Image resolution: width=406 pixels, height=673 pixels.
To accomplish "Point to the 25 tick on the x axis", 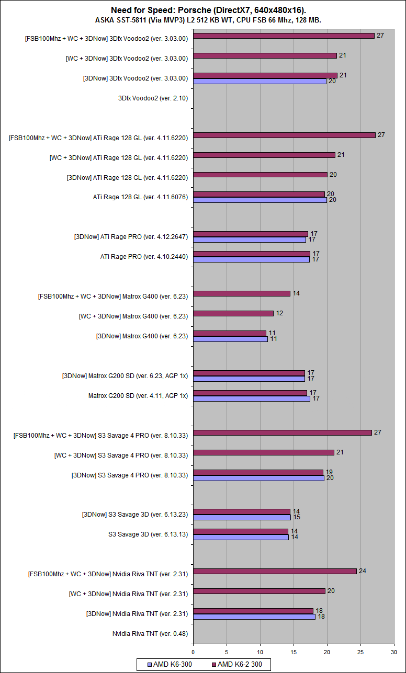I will tap(360, 652).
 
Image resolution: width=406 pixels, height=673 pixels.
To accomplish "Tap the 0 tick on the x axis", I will tap(193, 652).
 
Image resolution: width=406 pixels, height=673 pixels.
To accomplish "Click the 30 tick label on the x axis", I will tap(394, 652).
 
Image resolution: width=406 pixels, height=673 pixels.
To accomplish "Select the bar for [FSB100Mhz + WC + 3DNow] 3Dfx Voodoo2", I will tap(284, 36).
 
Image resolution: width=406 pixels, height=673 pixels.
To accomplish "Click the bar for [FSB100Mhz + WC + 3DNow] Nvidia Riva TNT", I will tap(275, 571).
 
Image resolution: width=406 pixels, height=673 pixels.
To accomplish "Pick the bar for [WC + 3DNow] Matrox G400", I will tap(233, 314).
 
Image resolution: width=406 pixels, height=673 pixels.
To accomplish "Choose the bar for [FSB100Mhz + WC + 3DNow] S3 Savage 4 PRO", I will tap(283, 433).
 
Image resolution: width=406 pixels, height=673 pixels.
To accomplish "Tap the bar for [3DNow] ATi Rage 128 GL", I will tap(260, 175).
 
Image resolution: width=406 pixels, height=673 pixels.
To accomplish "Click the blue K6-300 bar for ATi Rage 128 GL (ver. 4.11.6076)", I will tap(260, 200).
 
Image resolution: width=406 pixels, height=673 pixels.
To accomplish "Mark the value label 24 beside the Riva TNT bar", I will tap(362, 571).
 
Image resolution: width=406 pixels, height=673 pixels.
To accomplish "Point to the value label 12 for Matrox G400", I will tap(279, 313).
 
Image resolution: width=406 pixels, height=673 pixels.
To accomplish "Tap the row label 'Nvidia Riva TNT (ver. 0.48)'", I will tap(150, 634).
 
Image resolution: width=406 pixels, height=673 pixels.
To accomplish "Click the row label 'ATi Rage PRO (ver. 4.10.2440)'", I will tap(144, 257).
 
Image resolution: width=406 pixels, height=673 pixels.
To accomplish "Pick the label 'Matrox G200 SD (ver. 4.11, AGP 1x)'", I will tap(138, 396).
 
